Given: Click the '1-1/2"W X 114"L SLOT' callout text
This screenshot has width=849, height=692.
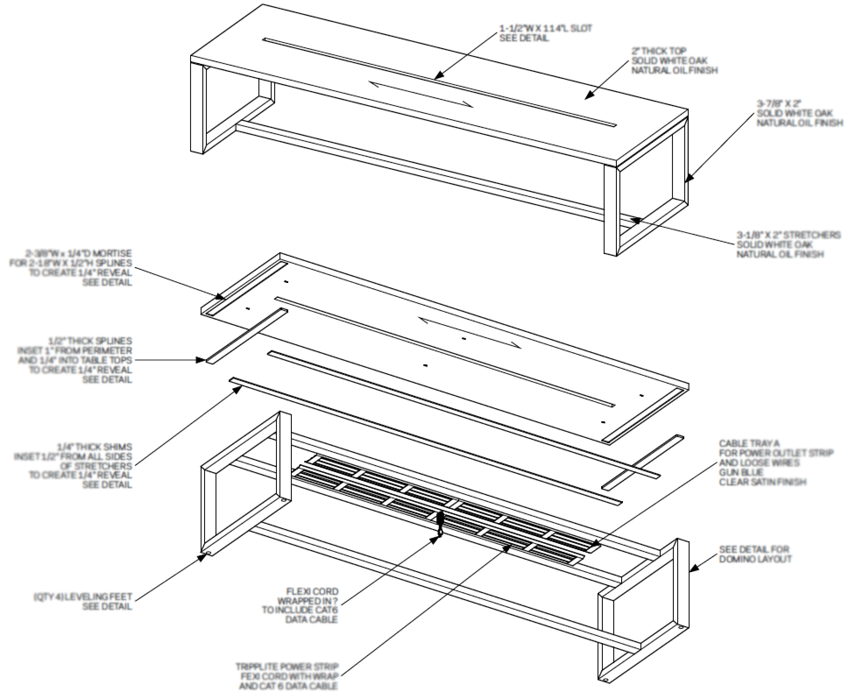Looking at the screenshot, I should pyautogui.click(x=545, y=29).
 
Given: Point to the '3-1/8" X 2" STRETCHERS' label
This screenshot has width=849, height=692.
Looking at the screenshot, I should pyautogui.click(x=788, y=235).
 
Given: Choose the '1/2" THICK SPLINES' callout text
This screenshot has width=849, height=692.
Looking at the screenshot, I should pyautogui.click(x=90, y=341).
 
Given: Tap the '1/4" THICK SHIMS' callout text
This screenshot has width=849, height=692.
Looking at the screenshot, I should pyautogui.click(x=94, y=447).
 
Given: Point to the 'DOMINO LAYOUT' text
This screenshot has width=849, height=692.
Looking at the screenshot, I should pyautogui.click(x=755, y=559).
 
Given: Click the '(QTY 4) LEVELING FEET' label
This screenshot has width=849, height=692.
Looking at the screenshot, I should pyautogui.click(x=83, y=597).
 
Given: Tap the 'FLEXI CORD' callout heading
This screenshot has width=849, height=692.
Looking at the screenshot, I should pyautogui.click(x=312, y=591).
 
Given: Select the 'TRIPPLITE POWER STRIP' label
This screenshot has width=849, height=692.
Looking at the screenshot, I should pyautogui.click(x=287, y=667).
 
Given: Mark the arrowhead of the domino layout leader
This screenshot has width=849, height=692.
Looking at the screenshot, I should pyautogui.click(x=692, y=569).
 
